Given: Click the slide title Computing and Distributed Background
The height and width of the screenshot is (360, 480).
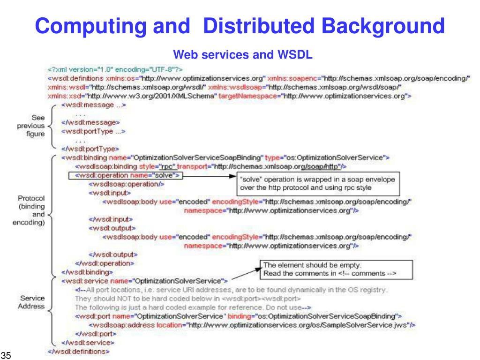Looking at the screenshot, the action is [x=240, y=26].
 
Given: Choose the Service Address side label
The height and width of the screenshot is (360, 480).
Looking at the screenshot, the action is [x=31, y=302].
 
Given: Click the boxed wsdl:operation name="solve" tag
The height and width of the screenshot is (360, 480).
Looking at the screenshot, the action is [x=125, y=175].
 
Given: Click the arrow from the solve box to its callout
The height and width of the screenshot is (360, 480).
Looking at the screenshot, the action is [x=208, y=176].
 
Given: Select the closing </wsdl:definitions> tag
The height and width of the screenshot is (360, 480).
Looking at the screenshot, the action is [x=79, y=351].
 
